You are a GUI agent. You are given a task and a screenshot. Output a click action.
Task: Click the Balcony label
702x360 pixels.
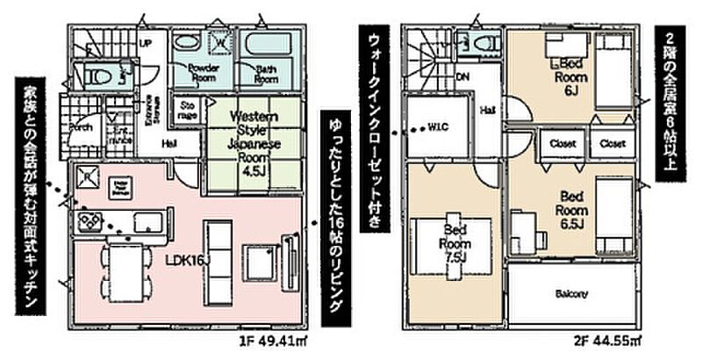571,294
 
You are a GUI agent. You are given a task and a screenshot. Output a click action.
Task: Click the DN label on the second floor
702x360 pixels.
463,76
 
